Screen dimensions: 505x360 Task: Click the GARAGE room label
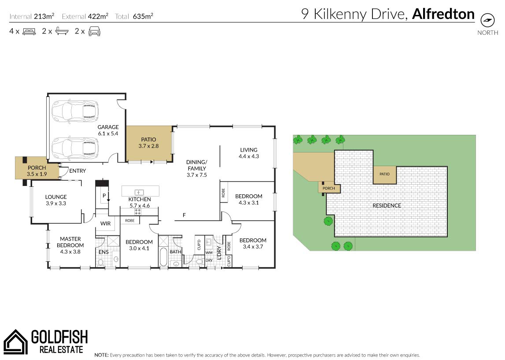pyautogui.click(x=108, y=127)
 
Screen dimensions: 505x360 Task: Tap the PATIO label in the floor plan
pyautogui.click(x=148, y=140)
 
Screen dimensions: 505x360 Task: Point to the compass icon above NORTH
pyautogui.click(x=487, y=20)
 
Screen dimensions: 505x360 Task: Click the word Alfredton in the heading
pyautogui.click(x=443, y=14)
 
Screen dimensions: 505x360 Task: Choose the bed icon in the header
pyautogui.click(x=29, y=32)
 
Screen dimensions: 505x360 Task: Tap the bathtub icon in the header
pyautogui.click(x=62, y=31)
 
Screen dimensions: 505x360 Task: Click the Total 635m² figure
pyautogui.click(x=134, y=16)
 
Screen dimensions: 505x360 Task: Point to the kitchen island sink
pyautogui.click(x=139, y=192)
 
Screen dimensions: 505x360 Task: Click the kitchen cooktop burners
pyautogui.click(x=137, y=212)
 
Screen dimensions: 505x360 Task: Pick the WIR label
pyautogui.click(x=106, y=223)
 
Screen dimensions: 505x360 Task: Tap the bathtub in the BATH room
pyautogui.click(x=163, y=257)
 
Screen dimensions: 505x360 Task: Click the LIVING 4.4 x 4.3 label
pyautogui.click(x=249, y=153)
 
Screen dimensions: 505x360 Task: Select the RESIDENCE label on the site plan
pyautogui.click(x=387, y=206)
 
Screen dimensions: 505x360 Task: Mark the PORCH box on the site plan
pyautogui.click(x=329, y=188)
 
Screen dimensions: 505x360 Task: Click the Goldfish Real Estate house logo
pyautogui.click(x=15, y=341)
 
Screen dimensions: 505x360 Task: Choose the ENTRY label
pyautogui.click(x=77, y=171)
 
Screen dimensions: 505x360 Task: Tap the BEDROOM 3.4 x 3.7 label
pyautogui.click(x=253, y=243)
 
